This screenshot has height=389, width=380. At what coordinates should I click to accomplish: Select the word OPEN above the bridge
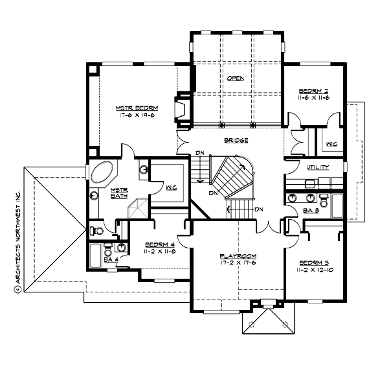click(x=235, y=78)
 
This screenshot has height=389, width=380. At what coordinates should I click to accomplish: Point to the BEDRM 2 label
click(x=313, y=91)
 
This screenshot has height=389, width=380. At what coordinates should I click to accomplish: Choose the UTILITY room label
click(x=317, y=167)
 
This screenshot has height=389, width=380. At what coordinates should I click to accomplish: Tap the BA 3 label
click(x=311, y=211)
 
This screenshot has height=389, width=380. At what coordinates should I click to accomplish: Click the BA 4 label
click(x=111, y=259)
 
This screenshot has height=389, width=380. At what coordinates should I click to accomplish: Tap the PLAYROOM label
click(x=235, y=257)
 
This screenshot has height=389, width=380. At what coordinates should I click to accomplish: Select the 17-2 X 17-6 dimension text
click(x=235, y=264)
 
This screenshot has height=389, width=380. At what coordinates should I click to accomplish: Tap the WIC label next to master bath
click(x=170, y=189)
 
